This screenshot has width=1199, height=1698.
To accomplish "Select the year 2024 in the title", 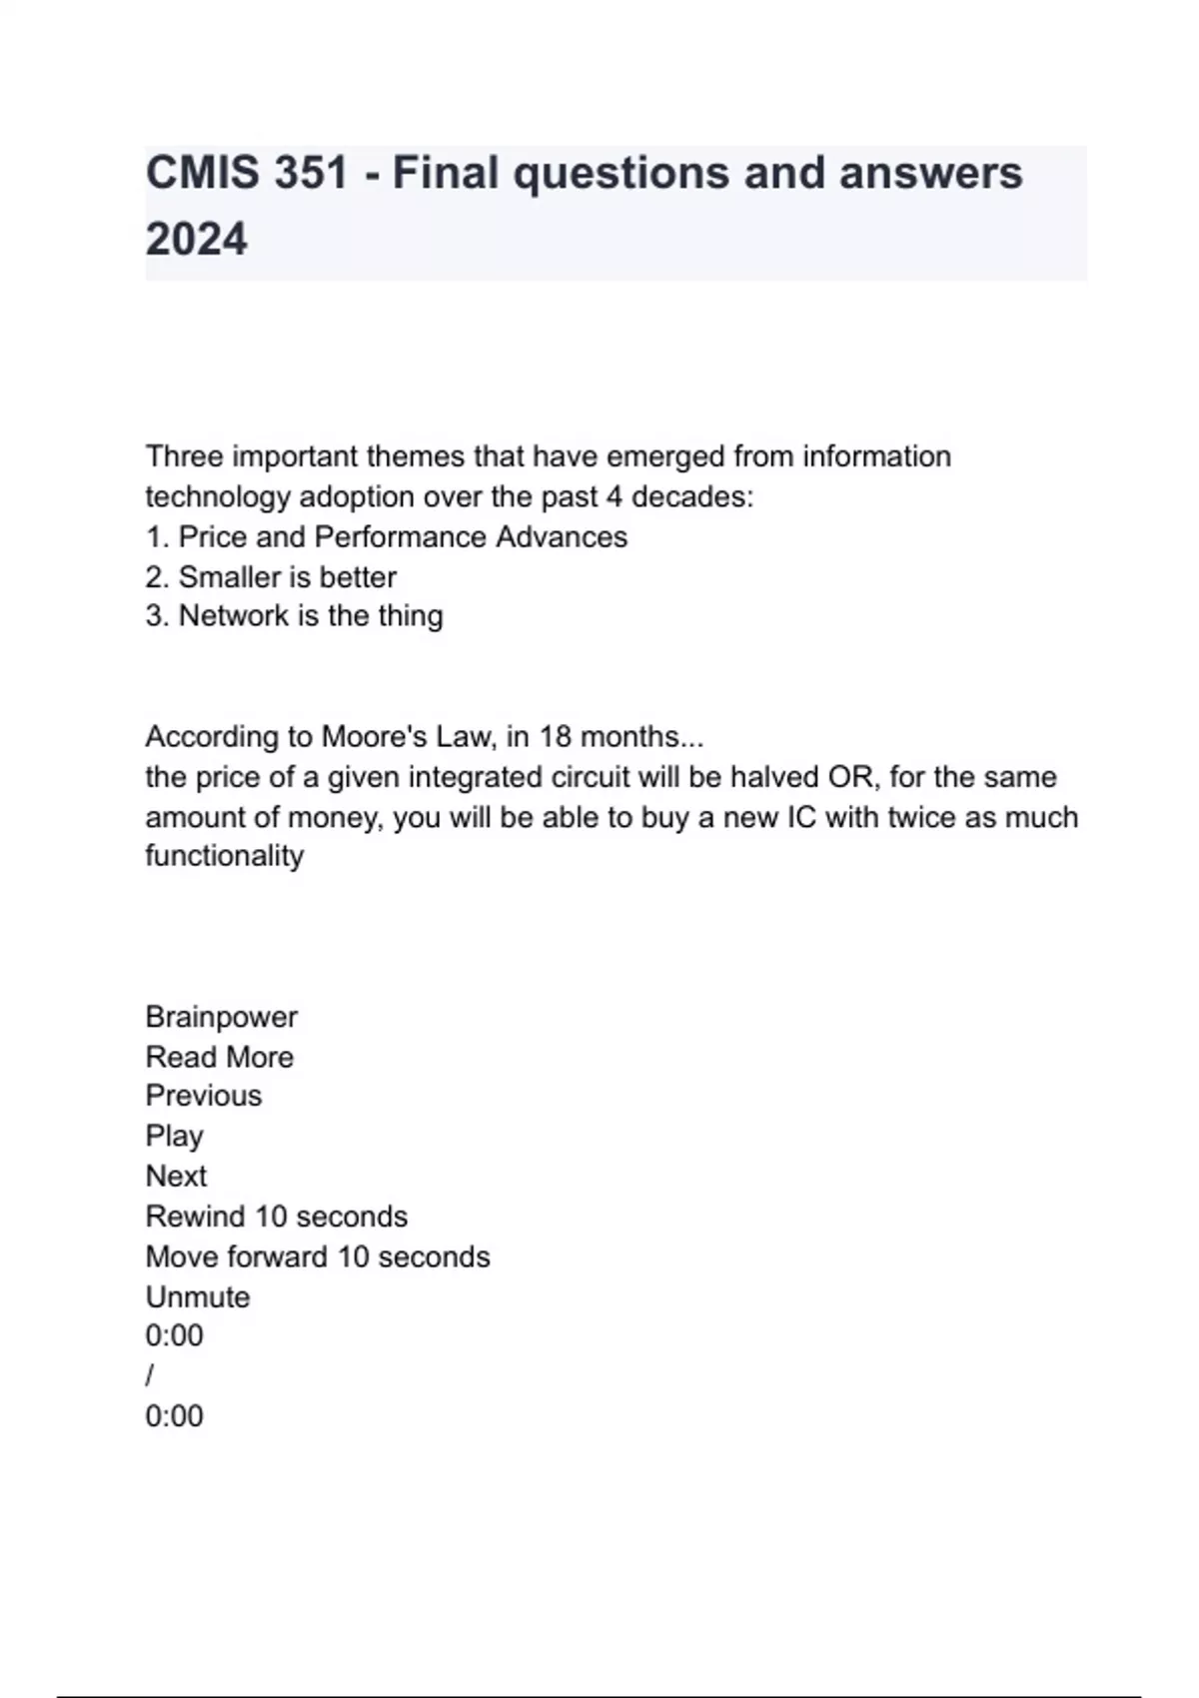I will pyautogui.click(x=196, y=240).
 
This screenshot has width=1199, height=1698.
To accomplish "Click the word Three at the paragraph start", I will pyautogui.click(x=184, y=456).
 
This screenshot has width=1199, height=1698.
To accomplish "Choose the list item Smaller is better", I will pyautogui.click(x=271, y=577).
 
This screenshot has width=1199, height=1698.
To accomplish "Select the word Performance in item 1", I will pyautogui.click(x=401, y=537).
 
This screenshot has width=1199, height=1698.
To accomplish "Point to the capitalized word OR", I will pyautogui.click(x=850, y=777).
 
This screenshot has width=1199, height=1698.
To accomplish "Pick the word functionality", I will pyautogui.click(x=225, y=856).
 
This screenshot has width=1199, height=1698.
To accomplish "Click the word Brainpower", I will pyautogui.click(x=221, y=1017).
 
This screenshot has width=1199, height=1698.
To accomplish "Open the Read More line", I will pyautogui.click(x=220, y=1057).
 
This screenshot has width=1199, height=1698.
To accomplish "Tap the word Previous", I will pyautogui.click(x=204, y=1096).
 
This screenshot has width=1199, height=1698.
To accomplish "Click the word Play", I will pyautogui.click(x=175, y=1137).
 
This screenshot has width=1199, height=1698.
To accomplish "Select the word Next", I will pyautogui.click(x=177, y=1177).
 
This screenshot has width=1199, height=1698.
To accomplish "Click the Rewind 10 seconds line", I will pyautogui.click(x=277, y=1217).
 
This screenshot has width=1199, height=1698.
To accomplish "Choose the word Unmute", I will pyautogui.click(x=198, y=1296).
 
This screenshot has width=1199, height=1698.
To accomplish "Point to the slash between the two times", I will pyautogui.click(x=150, y=1376).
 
